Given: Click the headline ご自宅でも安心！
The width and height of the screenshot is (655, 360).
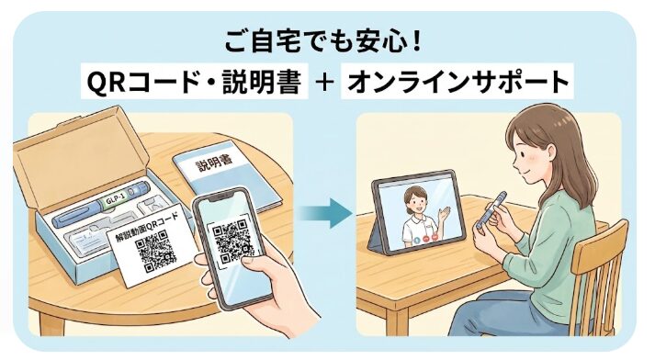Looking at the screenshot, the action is pos(322,41).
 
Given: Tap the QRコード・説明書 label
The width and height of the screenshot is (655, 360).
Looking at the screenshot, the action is pos(194,82).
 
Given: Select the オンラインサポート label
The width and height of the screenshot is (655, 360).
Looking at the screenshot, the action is pos(457,82).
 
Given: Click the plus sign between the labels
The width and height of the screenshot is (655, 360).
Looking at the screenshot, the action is pos(325,82).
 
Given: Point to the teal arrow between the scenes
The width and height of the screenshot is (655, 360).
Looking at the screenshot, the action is pos(326,213).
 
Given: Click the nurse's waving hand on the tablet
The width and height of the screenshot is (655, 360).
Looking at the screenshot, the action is pos(445,215).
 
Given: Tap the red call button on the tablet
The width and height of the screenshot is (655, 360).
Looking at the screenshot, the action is pos(426,240).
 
